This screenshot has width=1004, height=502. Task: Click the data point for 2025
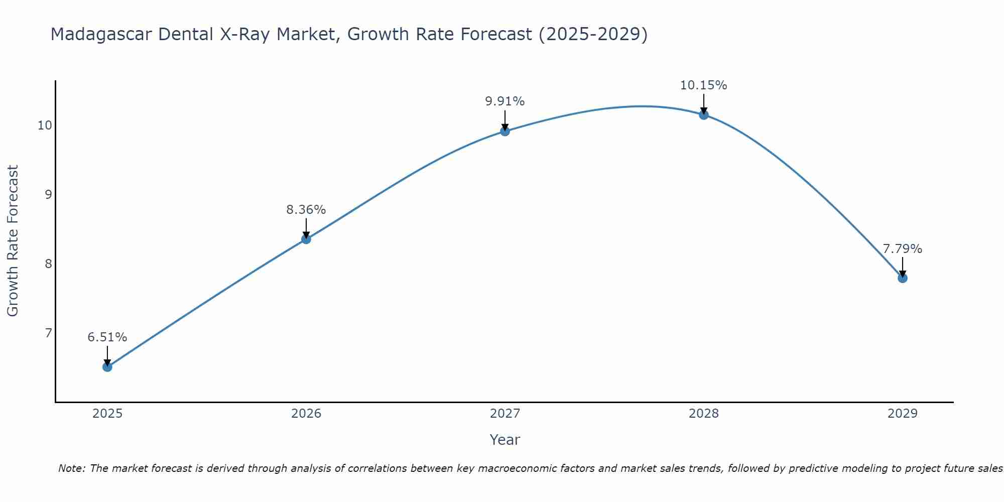[x=107, y=367]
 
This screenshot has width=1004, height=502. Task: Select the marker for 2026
[x=306, y=239]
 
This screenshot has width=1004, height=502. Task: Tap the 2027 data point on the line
[x=505, y=132]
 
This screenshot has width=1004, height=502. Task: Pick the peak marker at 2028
[x=704, y=115]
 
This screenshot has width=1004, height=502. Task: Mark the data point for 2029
[x=903, y=278]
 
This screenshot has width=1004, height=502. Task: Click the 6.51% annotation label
[x=107, y=337]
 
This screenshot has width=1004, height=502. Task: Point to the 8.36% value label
[x=306, y=210]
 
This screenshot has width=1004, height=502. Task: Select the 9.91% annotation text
[x=505, y=101]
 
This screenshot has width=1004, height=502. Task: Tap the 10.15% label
[x=704, y=85]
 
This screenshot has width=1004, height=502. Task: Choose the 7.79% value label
[x=903, y=249]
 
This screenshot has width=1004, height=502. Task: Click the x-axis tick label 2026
[x=306, y=414]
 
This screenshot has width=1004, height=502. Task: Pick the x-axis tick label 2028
[x=704, y=414]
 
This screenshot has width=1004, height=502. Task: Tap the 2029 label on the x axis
[x=903, y=414]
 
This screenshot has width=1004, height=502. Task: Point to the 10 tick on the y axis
[x=45, y=125]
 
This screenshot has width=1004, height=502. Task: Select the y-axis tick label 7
[x=49, y=333]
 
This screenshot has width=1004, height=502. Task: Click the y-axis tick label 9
[x=49, y=194]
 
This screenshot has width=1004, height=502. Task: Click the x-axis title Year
[x=505, y=440]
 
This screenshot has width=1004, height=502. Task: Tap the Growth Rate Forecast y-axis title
[x=13, y=241]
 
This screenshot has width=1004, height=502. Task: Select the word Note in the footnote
[x=72, y=469]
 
